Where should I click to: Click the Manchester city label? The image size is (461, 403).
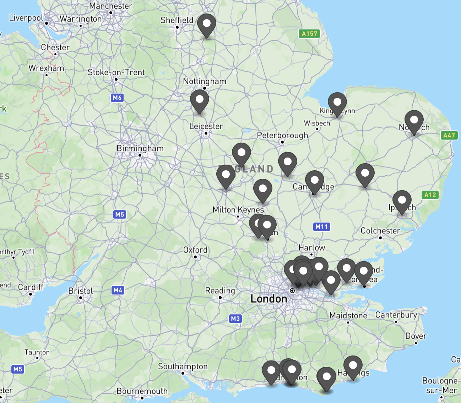[110, 6]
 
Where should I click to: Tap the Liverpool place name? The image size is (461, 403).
[26, 18]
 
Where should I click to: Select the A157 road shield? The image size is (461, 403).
[309, 34]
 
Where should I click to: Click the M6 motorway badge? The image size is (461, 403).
[117, 98]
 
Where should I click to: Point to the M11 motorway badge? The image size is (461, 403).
[322, 227]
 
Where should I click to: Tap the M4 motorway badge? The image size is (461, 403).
[118, 290]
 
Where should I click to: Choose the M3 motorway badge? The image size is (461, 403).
[235, 319]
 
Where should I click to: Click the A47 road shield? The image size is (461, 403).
[449, 135]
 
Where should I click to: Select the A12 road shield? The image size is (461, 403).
[430, 195]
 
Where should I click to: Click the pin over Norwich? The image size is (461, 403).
[414, 121]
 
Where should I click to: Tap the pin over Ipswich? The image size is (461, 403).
[402, 201]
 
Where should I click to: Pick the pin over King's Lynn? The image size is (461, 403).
[337, 103]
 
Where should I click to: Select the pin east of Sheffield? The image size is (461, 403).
[207, 24]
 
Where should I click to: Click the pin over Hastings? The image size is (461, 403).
[353, 366]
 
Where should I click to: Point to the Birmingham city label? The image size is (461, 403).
[140, 148]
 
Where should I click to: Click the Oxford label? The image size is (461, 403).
[195, 250]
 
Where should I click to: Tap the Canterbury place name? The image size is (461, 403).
[396, 315]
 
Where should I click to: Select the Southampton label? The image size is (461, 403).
[183, 366]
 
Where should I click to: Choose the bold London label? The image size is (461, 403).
[269, 299]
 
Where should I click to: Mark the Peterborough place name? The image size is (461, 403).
[282, 135]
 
